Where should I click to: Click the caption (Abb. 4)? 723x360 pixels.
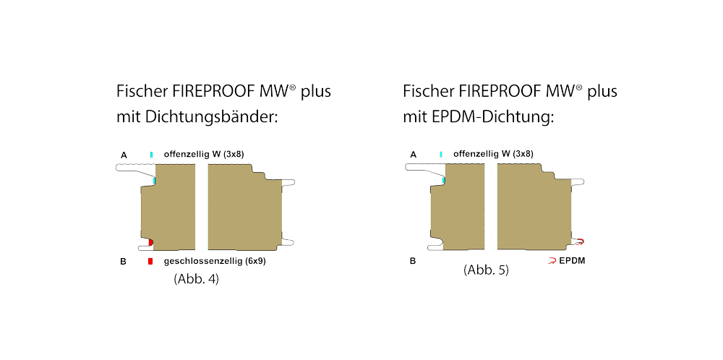click(x=197, y=278)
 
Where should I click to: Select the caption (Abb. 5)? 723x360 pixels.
click(x=486, y=270)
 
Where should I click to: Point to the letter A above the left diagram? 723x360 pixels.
click(x=124, y=155)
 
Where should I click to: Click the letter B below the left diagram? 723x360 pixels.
click(x=123, y=261)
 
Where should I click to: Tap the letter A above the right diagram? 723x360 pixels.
click(x=413, y=155)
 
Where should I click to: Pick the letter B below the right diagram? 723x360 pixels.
click(x=413, y=261)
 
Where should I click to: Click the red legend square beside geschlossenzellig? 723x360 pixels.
click(x=150, y=261)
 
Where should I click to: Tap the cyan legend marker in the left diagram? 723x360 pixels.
click(x=151, y=155)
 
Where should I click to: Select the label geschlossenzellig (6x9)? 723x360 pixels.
click(x=215, y=261)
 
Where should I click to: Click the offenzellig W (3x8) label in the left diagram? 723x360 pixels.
click(x=205, y=154)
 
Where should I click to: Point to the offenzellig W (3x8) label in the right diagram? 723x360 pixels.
click(x=493, y=154)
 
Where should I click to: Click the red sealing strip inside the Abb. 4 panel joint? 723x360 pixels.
click(x=150, y=242)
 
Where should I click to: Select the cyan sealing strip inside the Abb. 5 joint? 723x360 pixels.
click(x=443, y=181)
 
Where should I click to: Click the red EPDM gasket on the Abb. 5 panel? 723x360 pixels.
click(x=580, y=241)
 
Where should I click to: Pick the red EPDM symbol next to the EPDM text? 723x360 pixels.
click(x=552, y=260)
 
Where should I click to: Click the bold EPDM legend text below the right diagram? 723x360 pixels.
click(x=572, y=260)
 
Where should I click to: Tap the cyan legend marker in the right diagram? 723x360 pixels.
click(x=440, y=155)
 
